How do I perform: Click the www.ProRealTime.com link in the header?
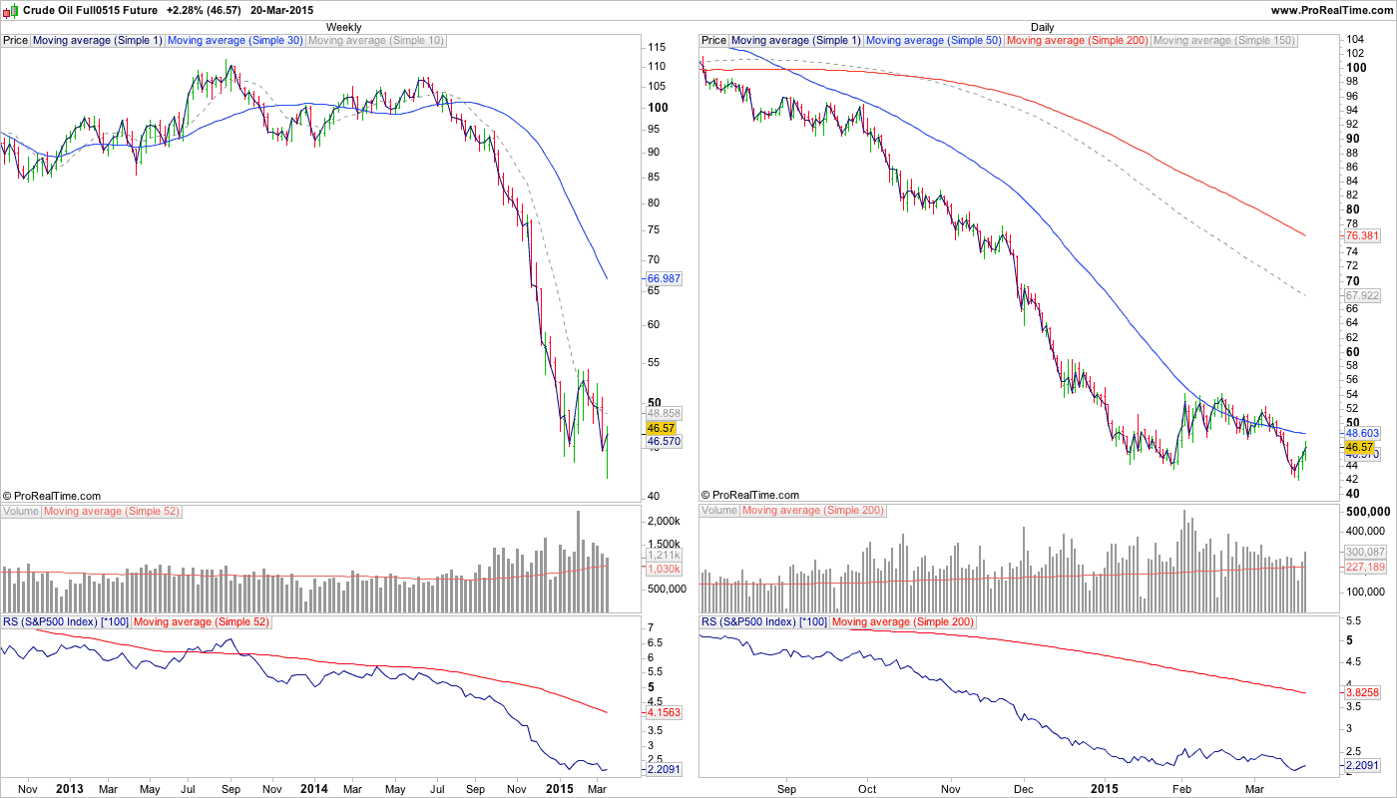(1332, 10)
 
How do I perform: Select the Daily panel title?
(1042, 27)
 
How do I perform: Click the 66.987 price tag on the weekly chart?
(665, 279)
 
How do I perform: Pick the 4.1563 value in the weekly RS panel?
(665, 712)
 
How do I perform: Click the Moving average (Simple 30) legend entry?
(235, 41)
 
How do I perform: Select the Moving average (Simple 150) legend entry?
(1223, 41)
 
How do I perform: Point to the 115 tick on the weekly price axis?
(657, 48)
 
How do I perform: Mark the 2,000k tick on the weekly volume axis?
(664, 522)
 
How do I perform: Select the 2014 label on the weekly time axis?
(314, 789)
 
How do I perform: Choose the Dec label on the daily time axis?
(1024, 789)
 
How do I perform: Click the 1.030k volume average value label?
(665, 569)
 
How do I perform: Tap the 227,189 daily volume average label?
(1366, 567)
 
